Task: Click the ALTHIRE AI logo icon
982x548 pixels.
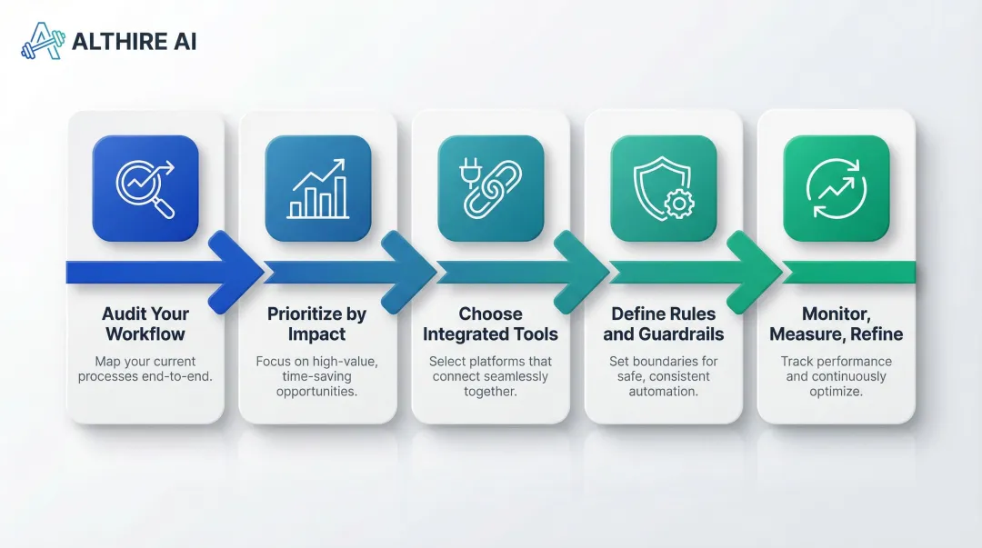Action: tap(43, 41)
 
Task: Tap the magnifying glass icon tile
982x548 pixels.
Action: tap(145, 188)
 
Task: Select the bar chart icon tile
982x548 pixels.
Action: tap(318, 188)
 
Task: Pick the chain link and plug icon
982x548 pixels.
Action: tap(491, 188)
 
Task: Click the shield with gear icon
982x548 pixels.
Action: tap(664, 188)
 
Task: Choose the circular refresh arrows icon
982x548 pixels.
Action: tap(837, 188)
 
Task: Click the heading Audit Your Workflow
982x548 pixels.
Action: tap(145, 324)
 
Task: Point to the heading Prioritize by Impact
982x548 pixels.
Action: tap(317, 324)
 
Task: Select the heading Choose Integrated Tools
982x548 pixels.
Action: tap(491, 324)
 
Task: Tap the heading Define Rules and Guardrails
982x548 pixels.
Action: tap(664, 324)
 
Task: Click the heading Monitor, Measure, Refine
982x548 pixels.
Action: tap(837, 324)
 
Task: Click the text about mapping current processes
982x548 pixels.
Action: tap(145, 369)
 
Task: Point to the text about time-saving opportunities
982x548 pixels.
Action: tap(317, 376)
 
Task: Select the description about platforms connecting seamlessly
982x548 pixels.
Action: tap(491, 376)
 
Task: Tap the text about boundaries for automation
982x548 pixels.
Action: tap(664, 376)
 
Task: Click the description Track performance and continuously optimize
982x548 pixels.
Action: tap(837, 376)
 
